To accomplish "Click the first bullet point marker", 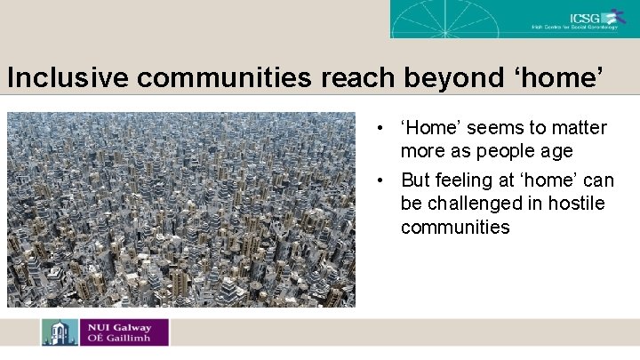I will click(380, 128).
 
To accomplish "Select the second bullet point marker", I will click(380, 180).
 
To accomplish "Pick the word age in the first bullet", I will click(556, 151).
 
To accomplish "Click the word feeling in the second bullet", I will click(464, 180).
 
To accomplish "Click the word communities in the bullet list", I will click(455, 227).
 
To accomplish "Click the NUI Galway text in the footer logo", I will click(116, 326).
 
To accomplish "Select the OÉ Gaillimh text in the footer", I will click(118, 339).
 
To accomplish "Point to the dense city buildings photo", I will click(181, 209).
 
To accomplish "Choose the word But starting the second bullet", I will click(416, 180).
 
